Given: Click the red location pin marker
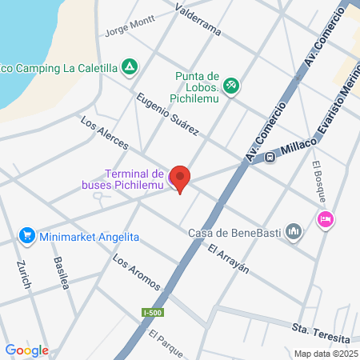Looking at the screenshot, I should pos(181,178).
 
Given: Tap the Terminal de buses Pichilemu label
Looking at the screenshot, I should pos(134,178).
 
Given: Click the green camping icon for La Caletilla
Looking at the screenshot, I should pos(129,67).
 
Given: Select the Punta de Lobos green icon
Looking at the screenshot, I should pos(230,83).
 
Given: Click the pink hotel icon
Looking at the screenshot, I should pos(325,219).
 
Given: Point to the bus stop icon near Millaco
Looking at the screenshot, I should pos(270,157).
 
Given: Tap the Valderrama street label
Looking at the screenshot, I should pos(196,21).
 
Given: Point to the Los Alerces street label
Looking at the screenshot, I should pos(104,133).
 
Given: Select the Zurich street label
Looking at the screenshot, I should pos(24,274).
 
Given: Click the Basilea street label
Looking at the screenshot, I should pos(63,274).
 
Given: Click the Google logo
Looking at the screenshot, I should pos(26,350).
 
